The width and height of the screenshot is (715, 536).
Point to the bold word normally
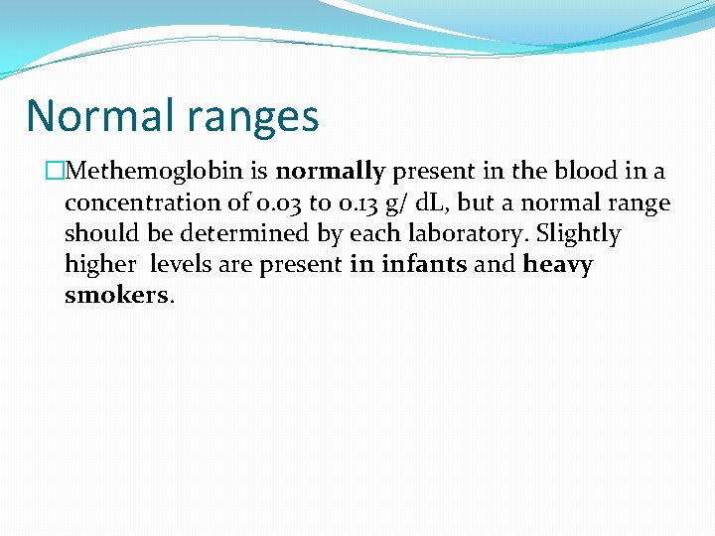click(330, 172)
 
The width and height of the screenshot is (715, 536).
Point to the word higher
click(96, 266)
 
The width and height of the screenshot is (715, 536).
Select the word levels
click(183, 265)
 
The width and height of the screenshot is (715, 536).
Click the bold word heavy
click(557, 266)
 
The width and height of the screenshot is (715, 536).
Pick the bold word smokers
click(116, 297)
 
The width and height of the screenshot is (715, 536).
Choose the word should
click(96, 234)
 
